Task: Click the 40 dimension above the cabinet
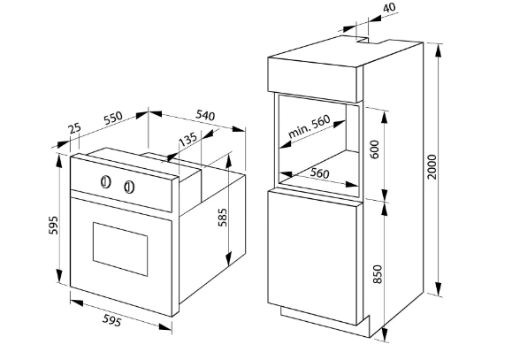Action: tap(389, 7)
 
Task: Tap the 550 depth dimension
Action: tap(113, 118)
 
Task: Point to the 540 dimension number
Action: tap(205, 115)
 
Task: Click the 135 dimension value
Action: tap(188, 139)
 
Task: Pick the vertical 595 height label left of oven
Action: tap(53, 225)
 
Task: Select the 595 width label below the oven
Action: tap(111, 320)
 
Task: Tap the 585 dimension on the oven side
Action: tap(222, 217)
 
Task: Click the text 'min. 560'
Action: tap(309, 126)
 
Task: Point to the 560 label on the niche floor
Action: tap(319, 173)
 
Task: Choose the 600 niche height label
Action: tap(375, 149)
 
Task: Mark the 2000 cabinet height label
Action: tap(432, 166)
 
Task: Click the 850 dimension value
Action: tap(377, 274)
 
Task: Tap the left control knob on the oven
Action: tap(105, 181)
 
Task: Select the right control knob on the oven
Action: tap(130, 188)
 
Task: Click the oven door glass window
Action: tap(120, 249)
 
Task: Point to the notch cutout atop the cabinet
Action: tap(363, 40)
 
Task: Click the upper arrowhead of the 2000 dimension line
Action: tap(439, 50)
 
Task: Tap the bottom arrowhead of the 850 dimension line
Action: tap(386, 333)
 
